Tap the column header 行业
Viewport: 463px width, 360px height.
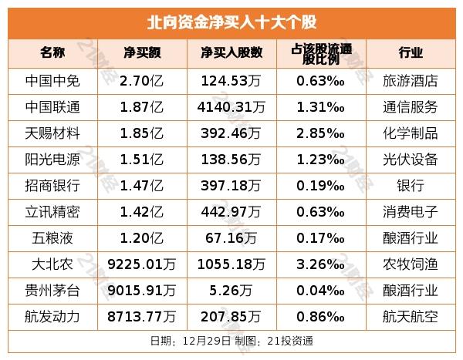pyautogui.click(x=410, y=52)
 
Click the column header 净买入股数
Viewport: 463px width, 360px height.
pyautogui.click(x=231, y=52)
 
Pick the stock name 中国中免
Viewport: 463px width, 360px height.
pyautogui.click(x=52, y=79)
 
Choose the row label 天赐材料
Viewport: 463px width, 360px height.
pyautogui.click(x=52, y=132)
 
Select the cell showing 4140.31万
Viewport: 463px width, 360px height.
pyautogui.click(x=232, y=106)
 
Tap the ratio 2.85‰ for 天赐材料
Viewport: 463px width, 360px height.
pyautogui.click(x=320, y=132)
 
